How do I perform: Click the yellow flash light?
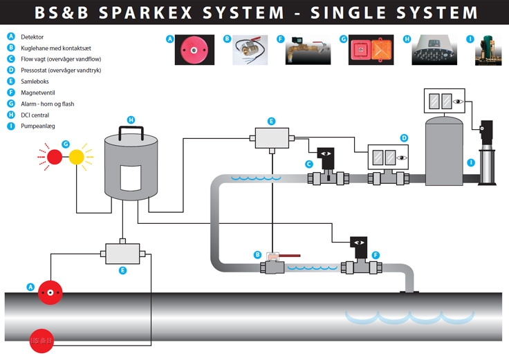76,158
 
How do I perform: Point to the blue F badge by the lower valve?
376,255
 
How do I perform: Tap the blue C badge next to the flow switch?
310,164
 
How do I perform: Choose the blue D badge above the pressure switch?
405,139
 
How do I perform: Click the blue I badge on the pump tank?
471,162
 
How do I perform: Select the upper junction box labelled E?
272,138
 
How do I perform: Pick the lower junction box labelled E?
122,254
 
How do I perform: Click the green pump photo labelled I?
488,50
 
